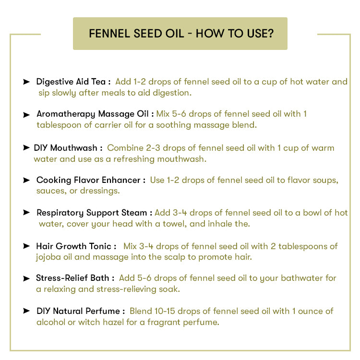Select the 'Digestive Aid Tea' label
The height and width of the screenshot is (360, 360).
point(73,82)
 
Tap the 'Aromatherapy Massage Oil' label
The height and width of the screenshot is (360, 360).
point(95,114)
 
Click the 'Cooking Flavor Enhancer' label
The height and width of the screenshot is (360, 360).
point(90,180)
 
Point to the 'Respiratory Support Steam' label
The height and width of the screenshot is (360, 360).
point(94,213)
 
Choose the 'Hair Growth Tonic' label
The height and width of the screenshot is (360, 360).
point(75,246)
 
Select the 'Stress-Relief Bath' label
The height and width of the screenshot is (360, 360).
point(75,278)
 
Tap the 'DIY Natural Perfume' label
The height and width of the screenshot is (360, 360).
point(80,311)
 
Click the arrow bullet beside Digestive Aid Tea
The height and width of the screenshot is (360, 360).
point(26,82)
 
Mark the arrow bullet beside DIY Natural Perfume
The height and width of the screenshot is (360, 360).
point(26,311)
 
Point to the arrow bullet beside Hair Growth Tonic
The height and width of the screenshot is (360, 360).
point(26,246)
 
